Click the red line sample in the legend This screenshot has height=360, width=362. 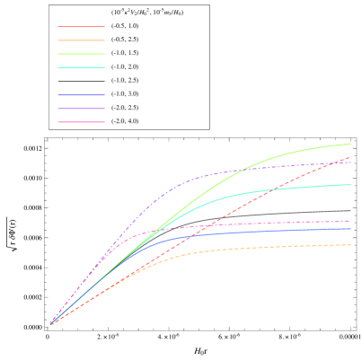[x=81, y=26]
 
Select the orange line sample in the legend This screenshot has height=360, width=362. [x=81, y=40]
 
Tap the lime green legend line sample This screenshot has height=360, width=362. [x=81, y=53]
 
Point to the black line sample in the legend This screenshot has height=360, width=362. [x=81, y=80]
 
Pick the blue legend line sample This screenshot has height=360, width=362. [x=81, y=93]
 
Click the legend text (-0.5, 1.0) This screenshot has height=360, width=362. [x=125, y=26]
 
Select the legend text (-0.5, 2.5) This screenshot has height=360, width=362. [x=125, y=40]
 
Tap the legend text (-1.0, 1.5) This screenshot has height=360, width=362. [x=125, y=53]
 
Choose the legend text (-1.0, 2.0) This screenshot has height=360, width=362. [x=125, y=66]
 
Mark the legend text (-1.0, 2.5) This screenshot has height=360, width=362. [x=125, y=80]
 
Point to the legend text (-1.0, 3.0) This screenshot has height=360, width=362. [x=125, y=93]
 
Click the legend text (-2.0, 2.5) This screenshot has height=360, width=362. [x=125, y=107]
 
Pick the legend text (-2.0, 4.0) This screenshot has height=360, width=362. [x=125, y=120]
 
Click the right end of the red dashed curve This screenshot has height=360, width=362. [x=350, y=157]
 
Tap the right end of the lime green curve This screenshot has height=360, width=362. [x=350, y=144]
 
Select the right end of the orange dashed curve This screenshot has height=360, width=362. [x=350, y=245]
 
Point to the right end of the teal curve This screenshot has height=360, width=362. [x=350, y=185]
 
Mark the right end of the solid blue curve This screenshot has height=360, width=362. [x=350, y=229]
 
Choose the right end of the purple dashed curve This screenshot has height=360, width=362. [x=350, y=162]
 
